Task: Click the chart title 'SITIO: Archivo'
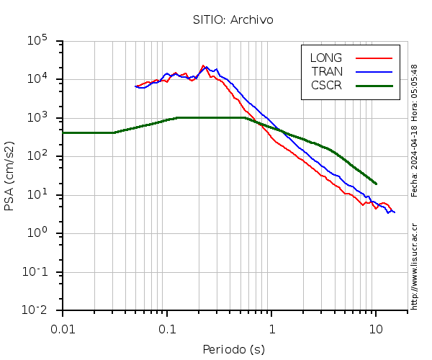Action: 233,19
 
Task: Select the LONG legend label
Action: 326,58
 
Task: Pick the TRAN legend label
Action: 326,71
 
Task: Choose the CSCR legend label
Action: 326,85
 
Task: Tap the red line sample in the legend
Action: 374,58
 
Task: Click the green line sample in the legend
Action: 374,85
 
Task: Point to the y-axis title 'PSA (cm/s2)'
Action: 10,176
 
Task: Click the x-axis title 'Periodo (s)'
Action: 233,350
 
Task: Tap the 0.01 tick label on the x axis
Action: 63,328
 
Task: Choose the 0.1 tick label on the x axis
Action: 168,328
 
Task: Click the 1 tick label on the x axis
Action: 272,328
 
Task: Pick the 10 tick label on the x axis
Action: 376,328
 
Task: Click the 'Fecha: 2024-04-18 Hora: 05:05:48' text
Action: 415,130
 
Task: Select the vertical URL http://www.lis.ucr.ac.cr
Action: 415,266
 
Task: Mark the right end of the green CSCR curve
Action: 376,184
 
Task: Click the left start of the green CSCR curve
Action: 64,132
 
